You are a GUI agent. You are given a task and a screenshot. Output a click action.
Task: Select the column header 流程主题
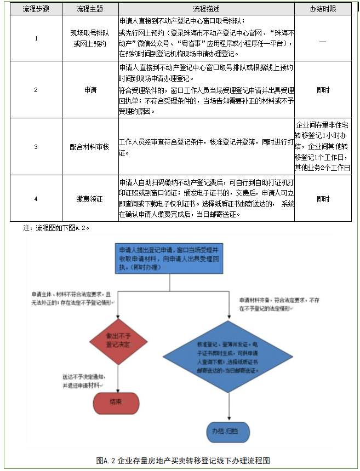(89, 9)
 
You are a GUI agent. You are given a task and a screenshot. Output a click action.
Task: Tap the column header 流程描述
(206, 9)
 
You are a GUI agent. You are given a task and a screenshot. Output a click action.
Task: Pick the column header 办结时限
(323, 9)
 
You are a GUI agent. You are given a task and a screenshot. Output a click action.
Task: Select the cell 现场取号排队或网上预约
(89, 38)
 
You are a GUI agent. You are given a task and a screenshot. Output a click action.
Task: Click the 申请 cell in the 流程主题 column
(89, 90)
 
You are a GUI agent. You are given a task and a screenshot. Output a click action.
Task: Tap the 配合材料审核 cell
(89, 147)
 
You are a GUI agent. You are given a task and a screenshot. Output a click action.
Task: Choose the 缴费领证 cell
(89, 199)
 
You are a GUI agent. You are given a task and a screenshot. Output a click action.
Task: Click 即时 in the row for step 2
(323, 90)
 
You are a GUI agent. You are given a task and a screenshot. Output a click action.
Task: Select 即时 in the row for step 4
(323, 199)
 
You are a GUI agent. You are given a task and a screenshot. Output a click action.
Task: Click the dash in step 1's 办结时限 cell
(323, 42)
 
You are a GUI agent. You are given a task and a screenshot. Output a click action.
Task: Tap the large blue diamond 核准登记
(228, 357)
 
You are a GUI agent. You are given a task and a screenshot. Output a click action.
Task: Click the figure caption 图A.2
(183, 459)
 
